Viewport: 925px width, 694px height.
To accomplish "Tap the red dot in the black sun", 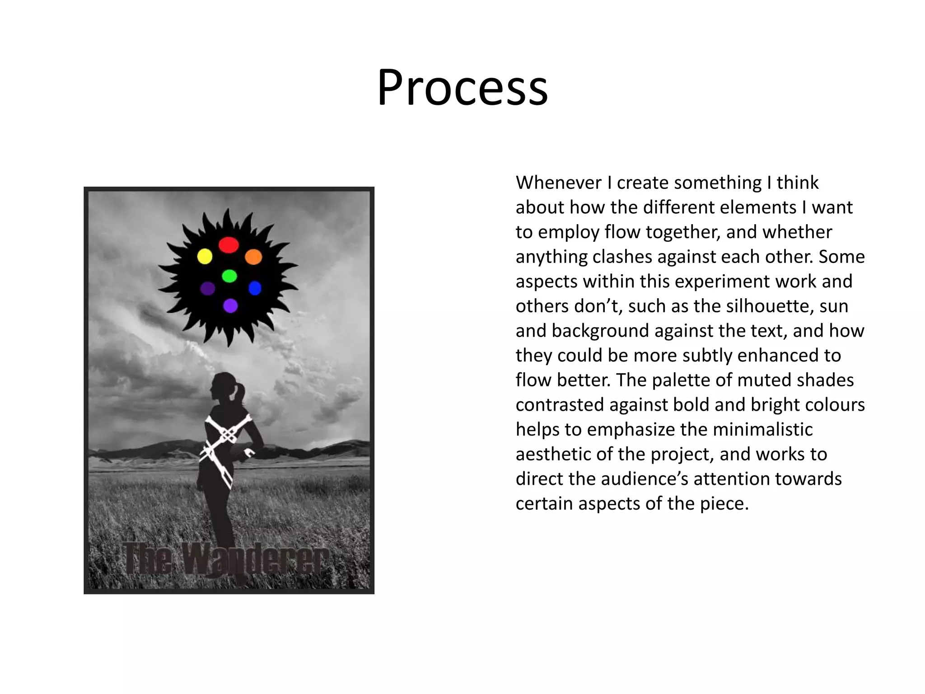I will pos(229,245).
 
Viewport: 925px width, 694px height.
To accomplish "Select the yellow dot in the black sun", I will pos(205,256).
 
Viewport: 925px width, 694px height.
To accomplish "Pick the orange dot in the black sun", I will pos(253,257).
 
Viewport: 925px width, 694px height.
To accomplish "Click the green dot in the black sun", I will pos(229,276).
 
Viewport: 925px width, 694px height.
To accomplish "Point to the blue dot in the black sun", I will pos(255,288).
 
